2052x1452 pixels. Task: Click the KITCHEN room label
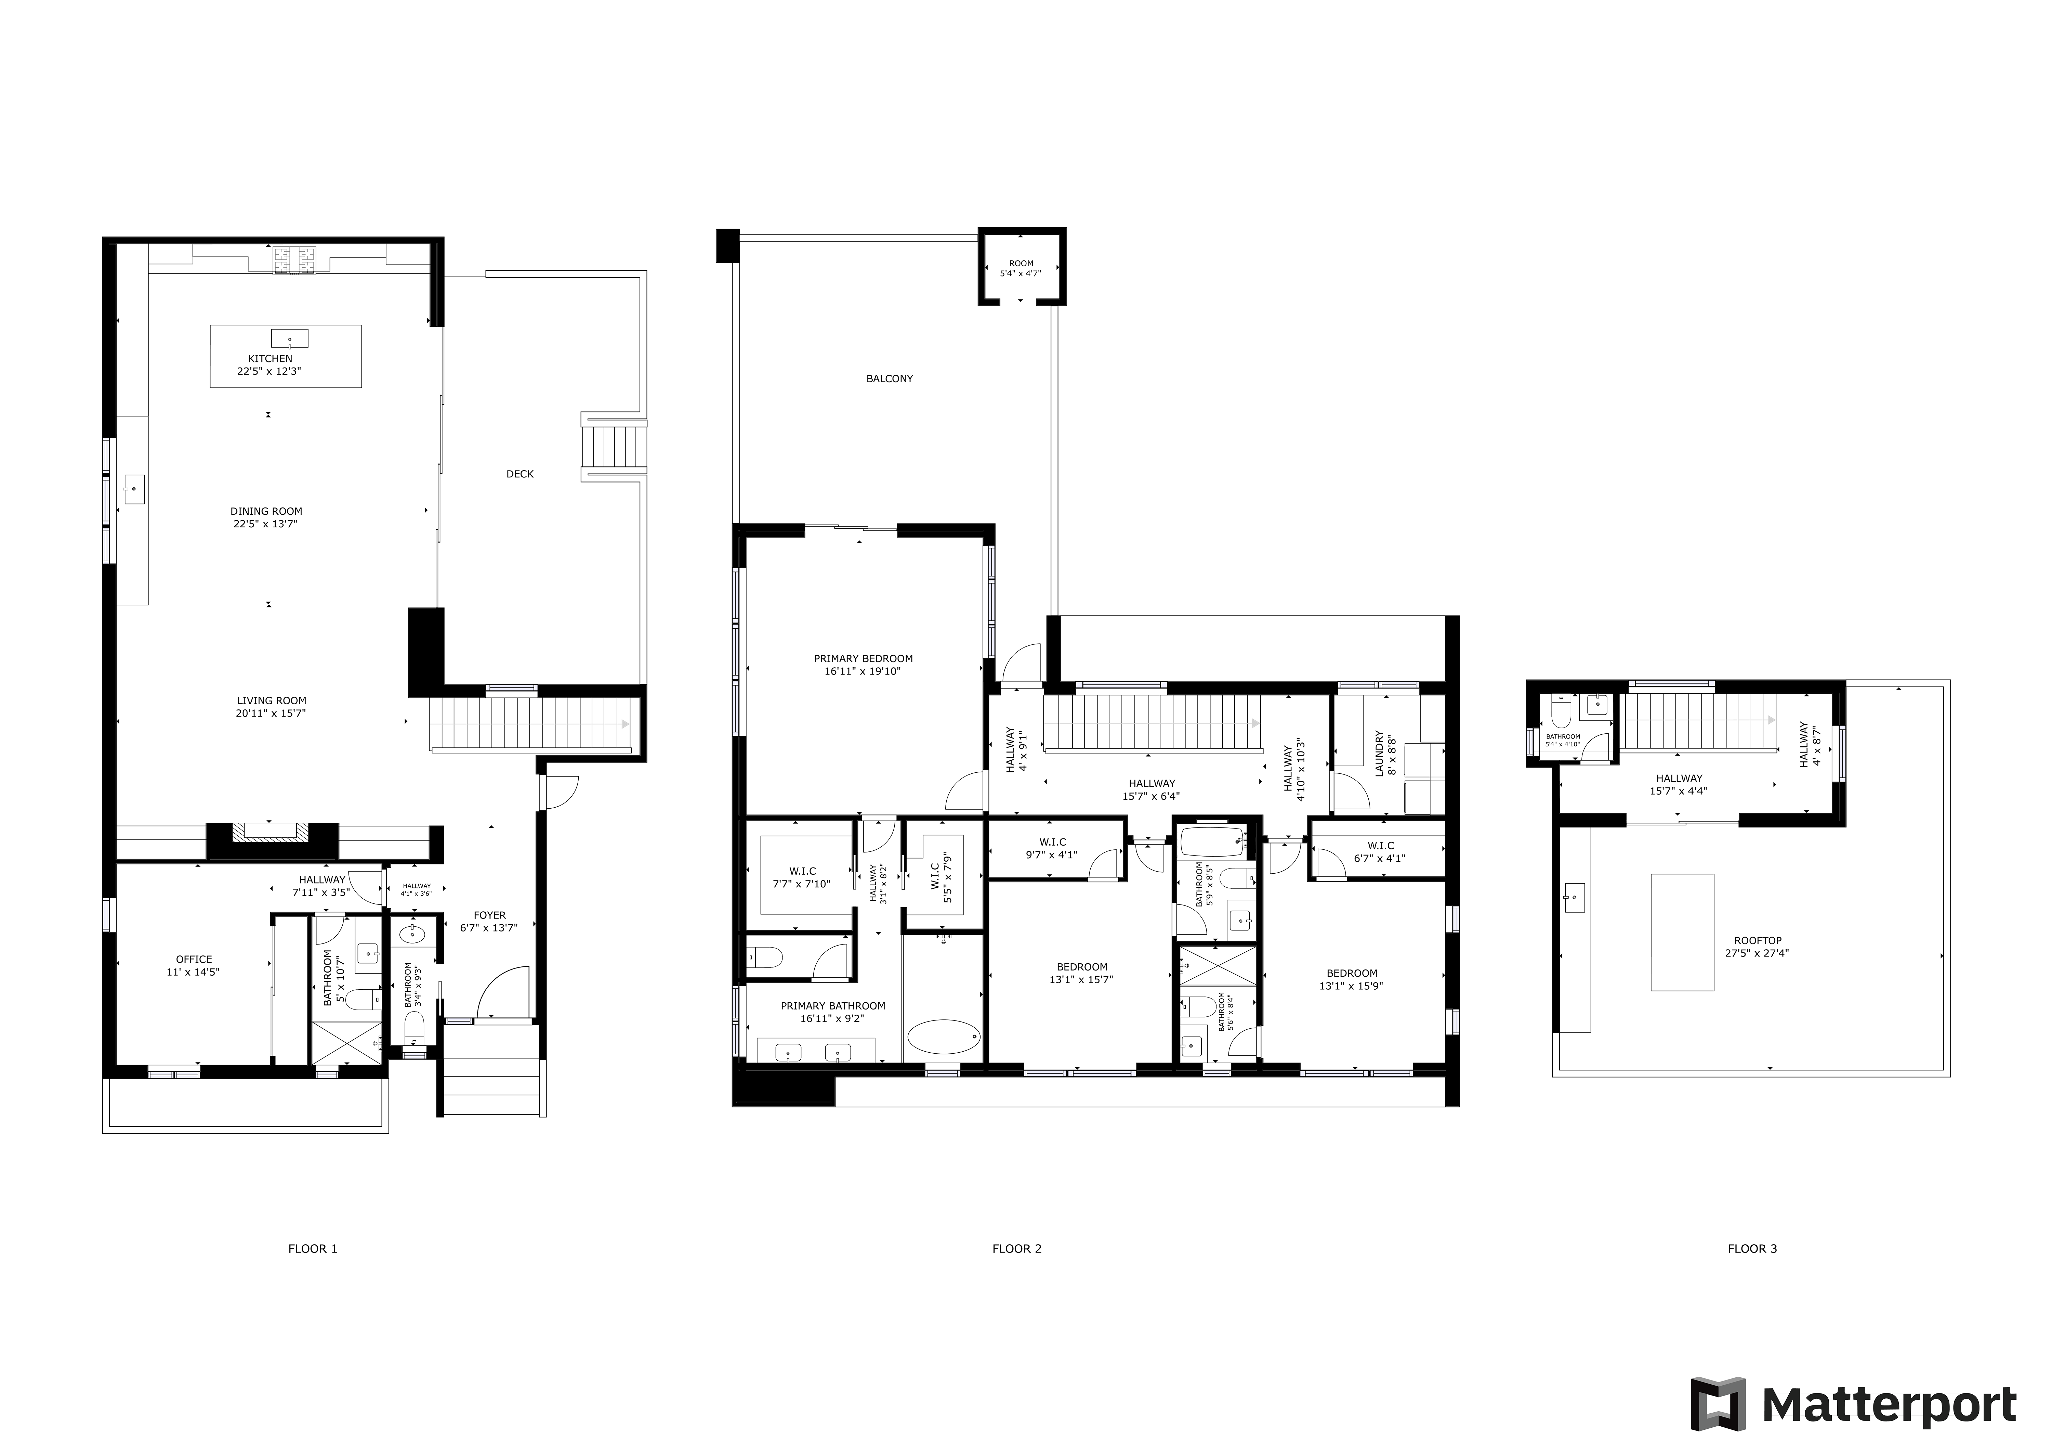tap(270, 359)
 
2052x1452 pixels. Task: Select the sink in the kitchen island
tap(290, 338)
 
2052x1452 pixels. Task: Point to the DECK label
tap(520, 474)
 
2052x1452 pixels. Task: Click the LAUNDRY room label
tap(1379, 754)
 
